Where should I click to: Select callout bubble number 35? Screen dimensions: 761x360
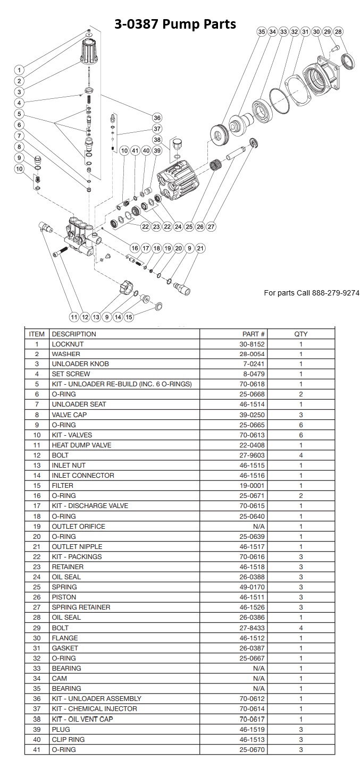[x=261, y=32]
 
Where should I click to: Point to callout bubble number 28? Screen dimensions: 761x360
[x=339, y=32]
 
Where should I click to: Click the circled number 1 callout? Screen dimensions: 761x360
[x=19, y=70]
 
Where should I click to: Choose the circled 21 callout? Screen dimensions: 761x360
[x=200, y=248]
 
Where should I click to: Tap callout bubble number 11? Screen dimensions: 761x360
[x=74, y=317]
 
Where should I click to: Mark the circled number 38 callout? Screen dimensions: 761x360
[x=157, y=139]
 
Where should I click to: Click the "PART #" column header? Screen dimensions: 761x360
[x=254, y=334]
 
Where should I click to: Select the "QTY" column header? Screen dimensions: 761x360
[x=301, y=334]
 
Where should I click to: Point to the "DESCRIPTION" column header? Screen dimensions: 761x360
[x=74, y=334]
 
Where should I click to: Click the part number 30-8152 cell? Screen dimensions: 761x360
[x=254, y=344]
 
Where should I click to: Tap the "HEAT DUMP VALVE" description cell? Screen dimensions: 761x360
[x=81, y=445]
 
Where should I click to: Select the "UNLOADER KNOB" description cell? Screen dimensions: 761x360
[x=80, y=364]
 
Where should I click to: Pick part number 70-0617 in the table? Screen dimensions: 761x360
[x=254, y=719]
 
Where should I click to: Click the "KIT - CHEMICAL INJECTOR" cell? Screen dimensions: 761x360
[x=94, y=709]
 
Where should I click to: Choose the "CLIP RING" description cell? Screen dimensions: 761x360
[x=68, y=739]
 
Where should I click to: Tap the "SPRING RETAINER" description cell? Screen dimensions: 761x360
[x=79, y=607]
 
